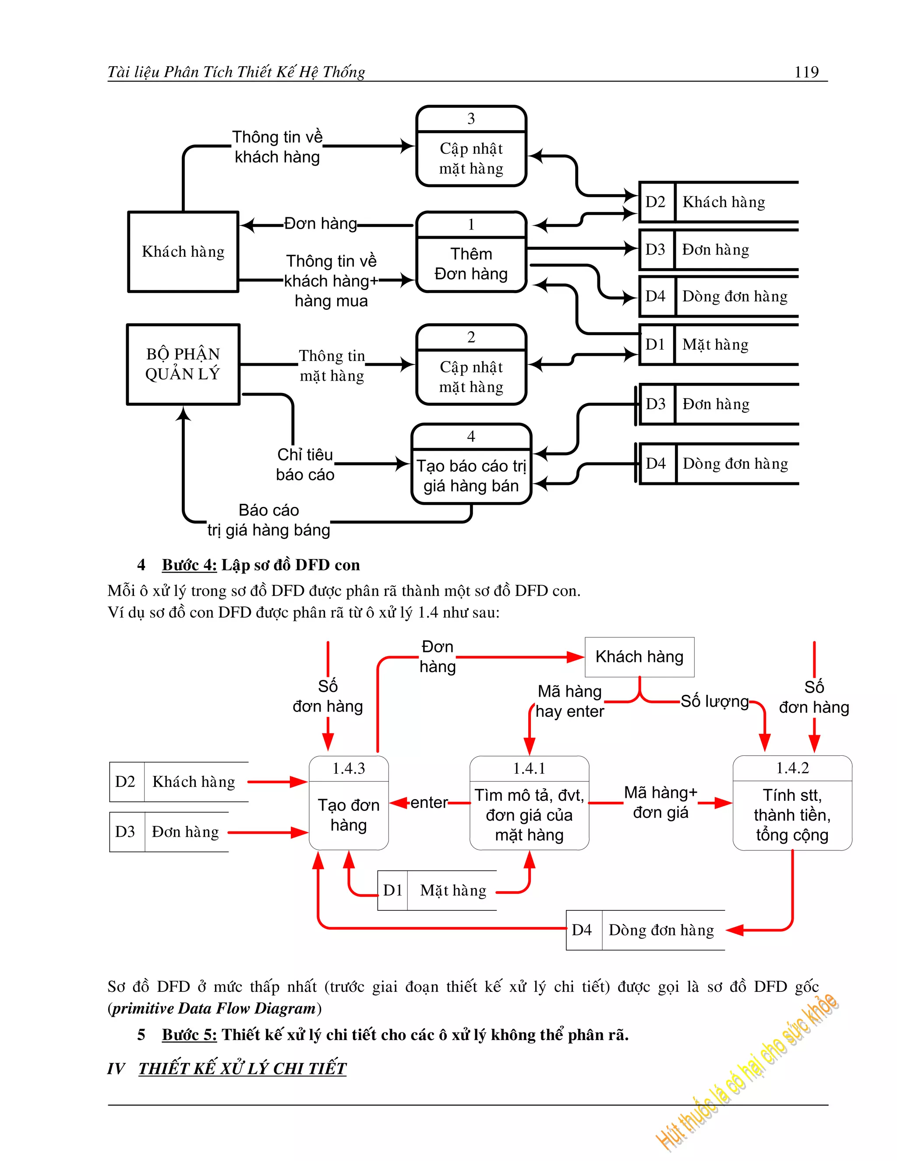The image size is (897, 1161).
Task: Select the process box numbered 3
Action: tap(471, 146)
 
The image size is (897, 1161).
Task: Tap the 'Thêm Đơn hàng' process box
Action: tap(471, 252)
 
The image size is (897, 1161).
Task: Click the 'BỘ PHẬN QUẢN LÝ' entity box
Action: tap(183, 364)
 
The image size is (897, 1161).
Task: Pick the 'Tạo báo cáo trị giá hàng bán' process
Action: tap(471, 464)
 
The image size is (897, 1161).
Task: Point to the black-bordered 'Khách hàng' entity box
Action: tap(183, 251)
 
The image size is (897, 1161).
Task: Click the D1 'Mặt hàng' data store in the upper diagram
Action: tap(717, 344)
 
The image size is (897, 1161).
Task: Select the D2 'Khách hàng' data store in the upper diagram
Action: tap(717, 202)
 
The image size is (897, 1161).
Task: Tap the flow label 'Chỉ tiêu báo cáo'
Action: tap(305, 464)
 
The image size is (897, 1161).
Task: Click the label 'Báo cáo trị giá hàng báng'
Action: tap(268, 520)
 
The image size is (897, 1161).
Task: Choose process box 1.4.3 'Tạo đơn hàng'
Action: tap(349, 803)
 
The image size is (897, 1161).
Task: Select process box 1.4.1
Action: tap(529, 803)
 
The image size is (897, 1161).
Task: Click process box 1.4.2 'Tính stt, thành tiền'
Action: tap(792, 803)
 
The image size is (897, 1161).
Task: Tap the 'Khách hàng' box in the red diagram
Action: tap(639, 657)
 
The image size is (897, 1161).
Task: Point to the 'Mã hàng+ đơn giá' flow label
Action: tap(660, 802)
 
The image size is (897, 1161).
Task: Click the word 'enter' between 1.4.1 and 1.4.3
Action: tap(429, 802)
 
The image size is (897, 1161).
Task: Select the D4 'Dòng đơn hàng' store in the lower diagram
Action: tap(645, 930)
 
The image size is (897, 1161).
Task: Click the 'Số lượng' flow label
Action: tap(714, 702)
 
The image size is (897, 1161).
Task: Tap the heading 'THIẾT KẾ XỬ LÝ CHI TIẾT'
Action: tap(242, 1069)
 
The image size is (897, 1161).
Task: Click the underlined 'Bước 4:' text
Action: tap(189, 565)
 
